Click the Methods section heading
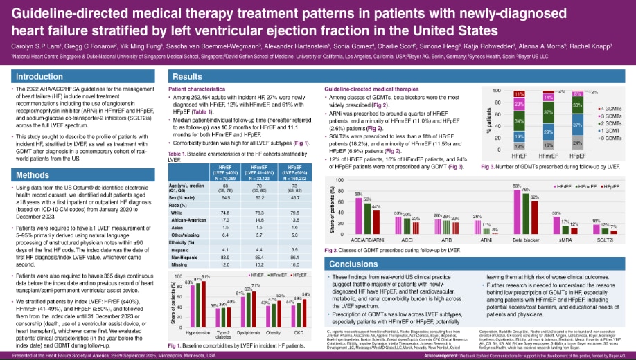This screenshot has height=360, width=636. point(34,175)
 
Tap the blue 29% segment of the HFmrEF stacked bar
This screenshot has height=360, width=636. point(547,132)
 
